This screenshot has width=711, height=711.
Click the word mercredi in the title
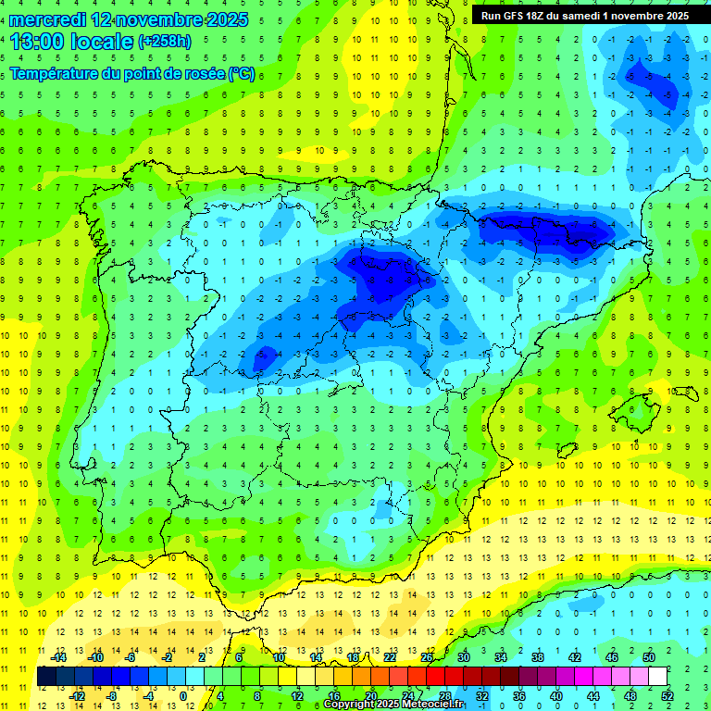[47, 19]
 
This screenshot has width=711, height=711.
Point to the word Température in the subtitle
[55, 73]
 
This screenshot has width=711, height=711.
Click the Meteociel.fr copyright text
[393, 705]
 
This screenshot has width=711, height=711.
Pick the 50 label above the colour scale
[648, 657]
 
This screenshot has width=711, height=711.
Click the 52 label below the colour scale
[667, 695]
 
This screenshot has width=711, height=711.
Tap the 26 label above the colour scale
[426, 657]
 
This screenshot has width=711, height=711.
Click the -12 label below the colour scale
[78, 695]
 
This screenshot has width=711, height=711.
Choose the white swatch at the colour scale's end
[657, 677]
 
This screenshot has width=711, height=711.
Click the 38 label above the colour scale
[537, 657]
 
